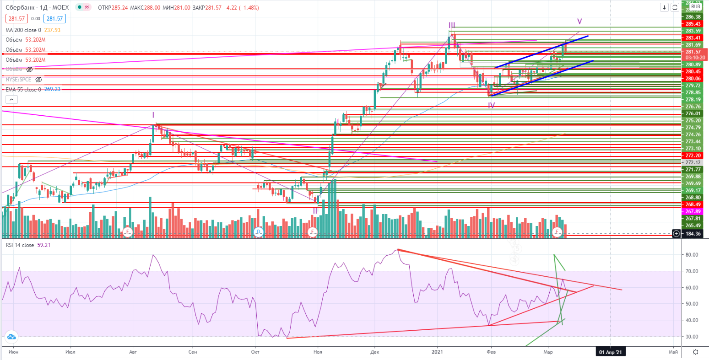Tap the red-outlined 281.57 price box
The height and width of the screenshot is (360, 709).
click(x=16, y=19)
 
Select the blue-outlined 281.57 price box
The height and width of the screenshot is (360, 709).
click(x=54, y=19)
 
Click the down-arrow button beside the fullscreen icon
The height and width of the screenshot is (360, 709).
click(x=664, y=7)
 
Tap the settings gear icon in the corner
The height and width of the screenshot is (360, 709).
click(x=695, y=352)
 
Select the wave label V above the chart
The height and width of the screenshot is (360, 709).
click(x=579, y=21)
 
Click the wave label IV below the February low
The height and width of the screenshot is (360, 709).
click(x=492, y=105)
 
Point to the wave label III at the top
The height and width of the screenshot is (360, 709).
click(x=452, y=25)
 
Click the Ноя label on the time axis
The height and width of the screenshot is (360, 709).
click(x=317, y=352)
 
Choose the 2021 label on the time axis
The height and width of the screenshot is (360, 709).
click(x=438, y=352)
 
